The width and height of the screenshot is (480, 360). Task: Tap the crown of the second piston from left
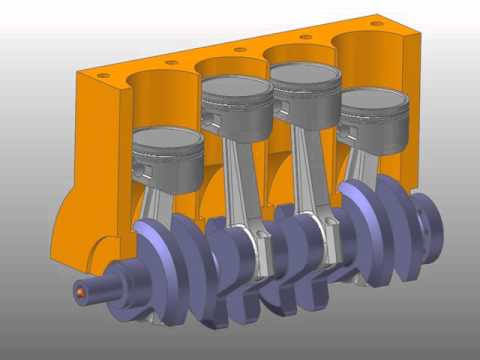tap(237, 87)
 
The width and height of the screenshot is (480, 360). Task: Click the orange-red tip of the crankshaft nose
tap(80, 292)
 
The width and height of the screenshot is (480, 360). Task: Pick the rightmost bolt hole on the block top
tap(375, 22)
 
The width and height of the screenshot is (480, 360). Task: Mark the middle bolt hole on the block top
tap(240, 48)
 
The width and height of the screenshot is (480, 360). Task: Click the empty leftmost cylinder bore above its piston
tap(160, 100)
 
